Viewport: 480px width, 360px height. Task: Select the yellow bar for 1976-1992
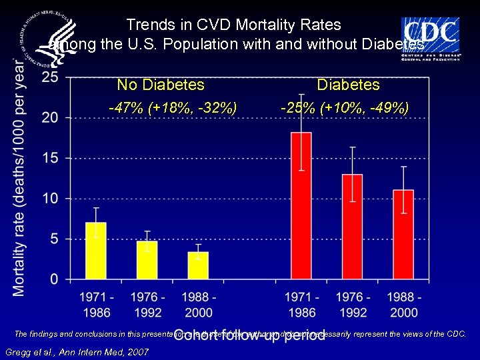pos(147,259)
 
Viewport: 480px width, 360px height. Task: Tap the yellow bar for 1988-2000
pos(198,265)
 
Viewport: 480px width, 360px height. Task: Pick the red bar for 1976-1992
pos(352,226)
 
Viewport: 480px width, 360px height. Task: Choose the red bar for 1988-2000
pos(403,234)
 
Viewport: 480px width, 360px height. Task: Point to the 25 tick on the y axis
pos(49,77)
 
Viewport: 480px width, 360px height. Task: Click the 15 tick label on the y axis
pos(49,158)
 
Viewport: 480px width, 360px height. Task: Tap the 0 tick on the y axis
pos(53,279)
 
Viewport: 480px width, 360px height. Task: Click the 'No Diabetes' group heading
pos(161,85)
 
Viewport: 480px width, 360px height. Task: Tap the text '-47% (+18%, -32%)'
pos(173,107)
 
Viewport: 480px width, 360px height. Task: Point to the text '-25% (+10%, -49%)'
pos(345,107)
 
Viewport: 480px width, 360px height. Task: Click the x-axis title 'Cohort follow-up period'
pos(249,336)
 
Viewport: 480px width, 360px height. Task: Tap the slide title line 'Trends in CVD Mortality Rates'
pos(233,25)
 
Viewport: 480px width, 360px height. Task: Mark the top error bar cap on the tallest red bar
pos(301,95)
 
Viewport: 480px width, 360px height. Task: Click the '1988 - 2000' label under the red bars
pos(403,305)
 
